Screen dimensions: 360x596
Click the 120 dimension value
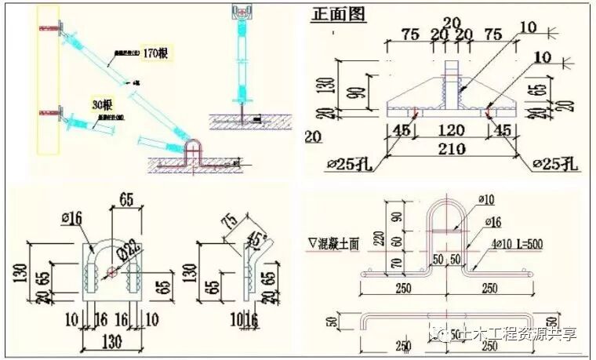click(x=446, y=129)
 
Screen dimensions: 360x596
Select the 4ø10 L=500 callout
click(x=518, y=244)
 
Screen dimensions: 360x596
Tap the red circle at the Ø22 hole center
click(x=110, y=272)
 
